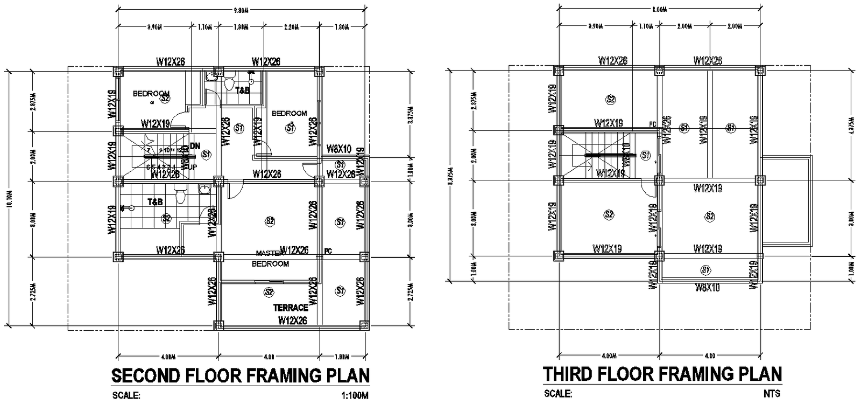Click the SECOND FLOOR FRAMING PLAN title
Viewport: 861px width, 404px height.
[x=240, y=375]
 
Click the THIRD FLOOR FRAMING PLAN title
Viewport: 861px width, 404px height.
[x=662, y=374]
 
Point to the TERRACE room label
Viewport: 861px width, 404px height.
[x=291, y=308]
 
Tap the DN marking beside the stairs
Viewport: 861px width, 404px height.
[x=195, y=146]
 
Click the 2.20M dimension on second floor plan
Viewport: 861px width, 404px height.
[x=291, y=26]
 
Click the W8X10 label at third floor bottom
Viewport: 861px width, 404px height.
[x=706, y=288]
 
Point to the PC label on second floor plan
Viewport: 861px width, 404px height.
[x=328, y=250]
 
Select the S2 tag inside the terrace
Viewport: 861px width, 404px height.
[x=268, y=291]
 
